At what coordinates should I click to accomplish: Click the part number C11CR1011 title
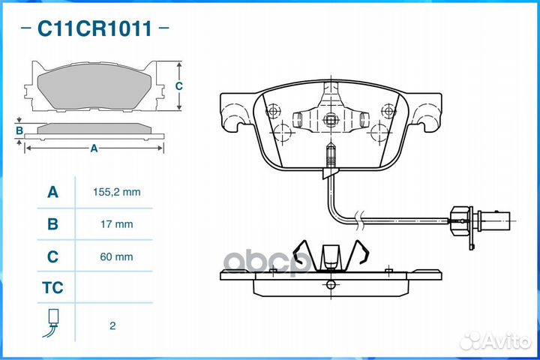94,28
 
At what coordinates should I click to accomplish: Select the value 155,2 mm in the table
116,192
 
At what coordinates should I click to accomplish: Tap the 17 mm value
116,224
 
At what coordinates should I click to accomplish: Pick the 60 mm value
116,256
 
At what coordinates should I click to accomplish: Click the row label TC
52,288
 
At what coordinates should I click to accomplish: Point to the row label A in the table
52,192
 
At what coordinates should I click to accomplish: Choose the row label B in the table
52,224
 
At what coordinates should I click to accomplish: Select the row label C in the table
52,256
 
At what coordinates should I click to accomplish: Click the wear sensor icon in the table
52,322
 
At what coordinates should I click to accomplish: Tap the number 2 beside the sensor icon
112,325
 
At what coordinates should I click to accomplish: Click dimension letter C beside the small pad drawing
178,85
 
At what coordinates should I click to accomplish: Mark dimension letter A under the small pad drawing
94,148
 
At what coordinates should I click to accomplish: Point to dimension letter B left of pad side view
19,130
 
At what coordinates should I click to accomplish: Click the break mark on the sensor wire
359,220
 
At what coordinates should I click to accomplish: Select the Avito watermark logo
495,341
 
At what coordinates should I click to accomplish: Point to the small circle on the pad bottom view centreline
331,284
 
